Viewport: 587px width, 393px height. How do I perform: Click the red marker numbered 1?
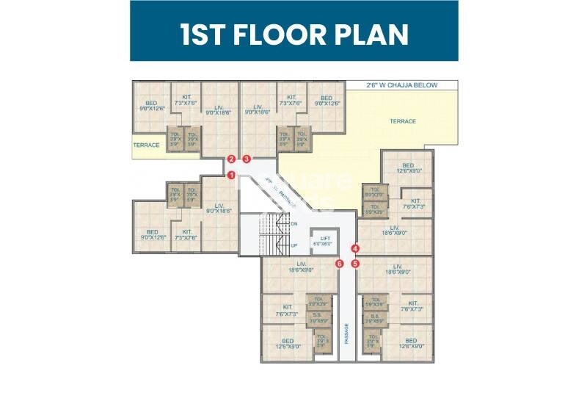click(x=231, y=175)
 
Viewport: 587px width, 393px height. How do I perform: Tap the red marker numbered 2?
click(x=231, y=159)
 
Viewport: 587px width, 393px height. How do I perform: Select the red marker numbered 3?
click(x=247, y=159)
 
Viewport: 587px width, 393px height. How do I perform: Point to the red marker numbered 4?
click(x=355, y=248)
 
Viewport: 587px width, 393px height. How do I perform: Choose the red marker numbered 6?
click(x=339, y=263)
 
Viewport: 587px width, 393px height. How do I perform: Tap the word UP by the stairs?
click(x=294, y=245)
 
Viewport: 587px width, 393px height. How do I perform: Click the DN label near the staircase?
click(x=293, y=223)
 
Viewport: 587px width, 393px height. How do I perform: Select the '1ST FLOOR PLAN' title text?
click(x=294, y=35)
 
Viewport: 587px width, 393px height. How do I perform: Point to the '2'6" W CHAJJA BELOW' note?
click(x=401, y=85)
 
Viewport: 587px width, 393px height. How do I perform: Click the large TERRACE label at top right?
click(x=402, y=121)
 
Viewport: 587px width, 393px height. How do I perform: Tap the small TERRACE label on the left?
click(x=146, y=145)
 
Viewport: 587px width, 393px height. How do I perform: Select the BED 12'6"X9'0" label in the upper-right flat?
click(x=408, y=168)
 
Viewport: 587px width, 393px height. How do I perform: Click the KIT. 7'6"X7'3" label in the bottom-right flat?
click(x=413, y=306)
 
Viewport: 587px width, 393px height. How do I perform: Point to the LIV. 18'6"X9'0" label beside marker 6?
click(x=301, y=267)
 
